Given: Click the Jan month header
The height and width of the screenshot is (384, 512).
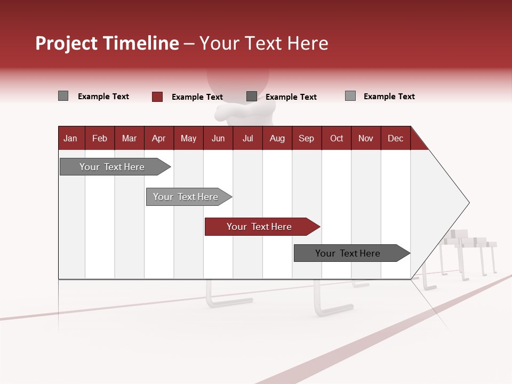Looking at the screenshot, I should coord(70,138).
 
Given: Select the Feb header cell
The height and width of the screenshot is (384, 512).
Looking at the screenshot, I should coord(100,138).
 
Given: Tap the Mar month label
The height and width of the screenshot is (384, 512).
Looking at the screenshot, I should coord(129,138).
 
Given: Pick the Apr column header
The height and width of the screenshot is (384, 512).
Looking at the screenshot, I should coord(158,138).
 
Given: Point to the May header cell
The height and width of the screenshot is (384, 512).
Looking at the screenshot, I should coord(188,138).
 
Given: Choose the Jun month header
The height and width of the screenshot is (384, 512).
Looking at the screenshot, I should coord(218,138).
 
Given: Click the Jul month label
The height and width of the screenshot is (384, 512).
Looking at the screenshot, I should coord(247,138).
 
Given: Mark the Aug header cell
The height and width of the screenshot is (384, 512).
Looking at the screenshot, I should coord(277,138).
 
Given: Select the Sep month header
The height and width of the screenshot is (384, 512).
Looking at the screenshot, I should coord(307,138).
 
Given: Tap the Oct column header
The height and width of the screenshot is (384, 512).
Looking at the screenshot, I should coord(337,138).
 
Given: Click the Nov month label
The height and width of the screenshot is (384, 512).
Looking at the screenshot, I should coord(366,138).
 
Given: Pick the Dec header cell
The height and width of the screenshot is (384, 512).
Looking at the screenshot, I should coord(395,138).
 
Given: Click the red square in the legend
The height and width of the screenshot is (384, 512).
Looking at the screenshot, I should coord(157,97).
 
